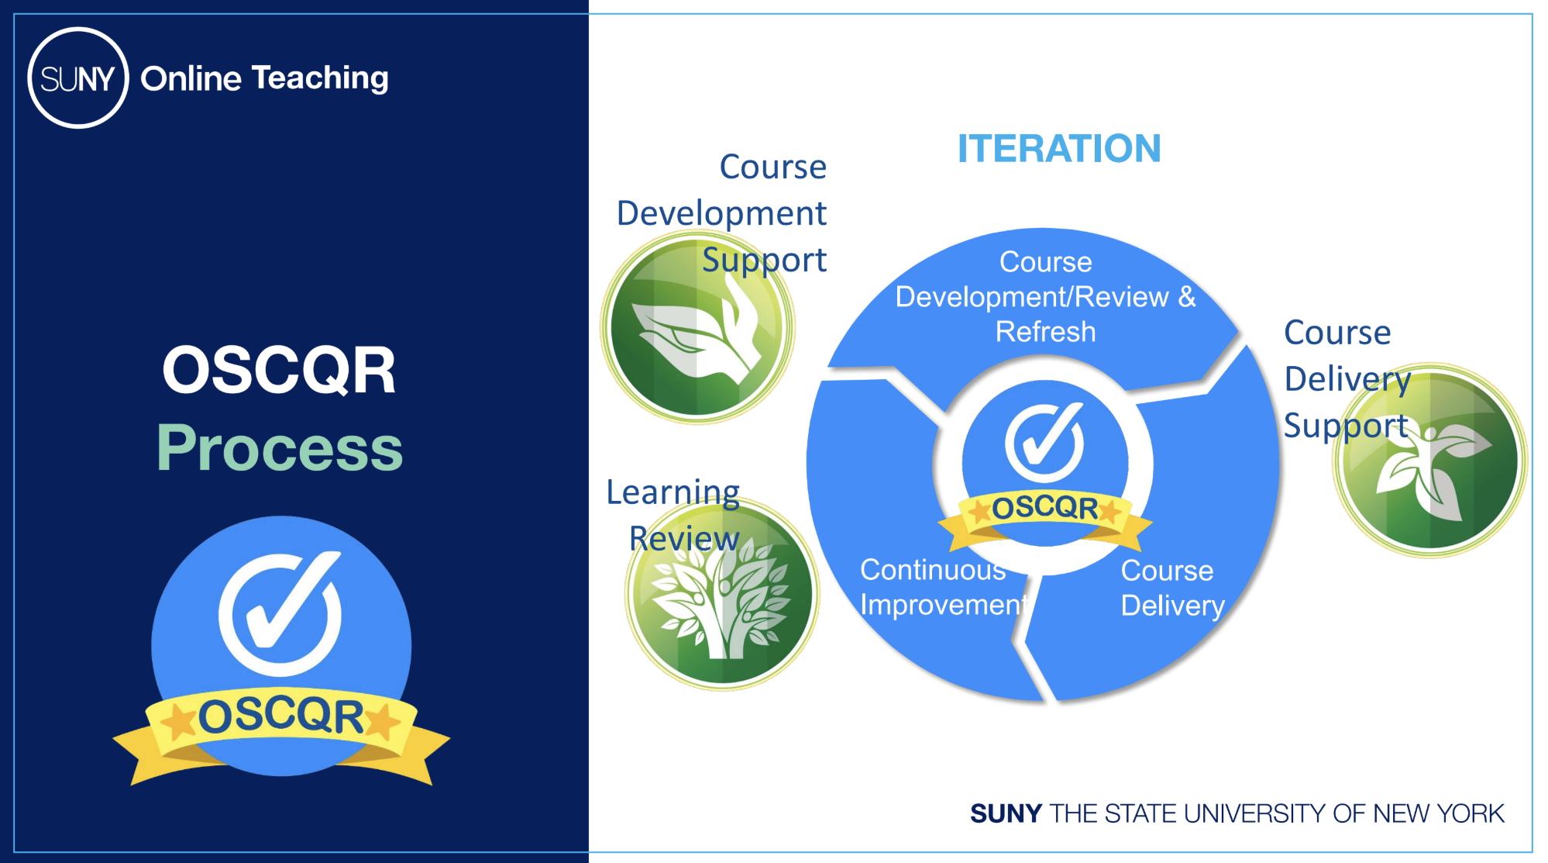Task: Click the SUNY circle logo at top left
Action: pos(77,78)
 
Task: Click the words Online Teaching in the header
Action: pos(264,78)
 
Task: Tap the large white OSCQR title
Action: pos(279,371)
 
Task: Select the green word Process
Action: pos(280,448)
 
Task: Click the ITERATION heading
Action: pos(1059,148)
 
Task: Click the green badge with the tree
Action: pos(721,592)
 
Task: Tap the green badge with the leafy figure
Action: pos(1429,460)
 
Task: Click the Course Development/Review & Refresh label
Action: pos(1046,297)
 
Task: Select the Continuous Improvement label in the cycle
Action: pos(944,587)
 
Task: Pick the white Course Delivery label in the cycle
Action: pos(1172,588)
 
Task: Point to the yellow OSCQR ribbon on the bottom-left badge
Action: pos(281,733)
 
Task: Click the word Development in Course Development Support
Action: pos(721,213)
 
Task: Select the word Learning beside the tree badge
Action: pos(673,493)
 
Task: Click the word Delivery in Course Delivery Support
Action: pos(1347,380)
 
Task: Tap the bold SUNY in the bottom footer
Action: pos(1006,813)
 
